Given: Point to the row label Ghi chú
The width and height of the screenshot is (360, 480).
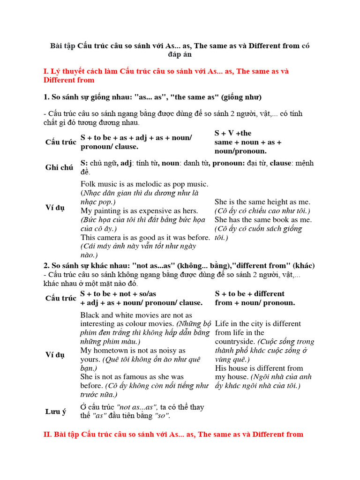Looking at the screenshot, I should pyautogui.click(x=59, y=167).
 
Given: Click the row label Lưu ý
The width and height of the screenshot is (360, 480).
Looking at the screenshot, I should pyautogui.click(x=56, y=412).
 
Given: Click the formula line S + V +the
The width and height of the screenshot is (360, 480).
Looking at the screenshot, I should pyautogui.click(x=233, y=133).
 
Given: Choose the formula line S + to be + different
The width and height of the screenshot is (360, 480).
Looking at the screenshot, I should pyautogui.click(x=249, y=293).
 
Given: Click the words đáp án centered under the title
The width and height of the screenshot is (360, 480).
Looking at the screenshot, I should pyautogui.click(x=180, y=55).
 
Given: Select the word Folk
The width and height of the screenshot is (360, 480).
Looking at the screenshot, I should pyautogui.click(x=89, y=184).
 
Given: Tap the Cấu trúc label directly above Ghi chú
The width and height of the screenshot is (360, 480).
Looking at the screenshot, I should pyautogui.click(x=61, y=142).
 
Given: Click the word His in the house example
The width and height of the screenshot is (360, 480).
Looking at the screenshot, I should pyautogui.click(x=221, y=368).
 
